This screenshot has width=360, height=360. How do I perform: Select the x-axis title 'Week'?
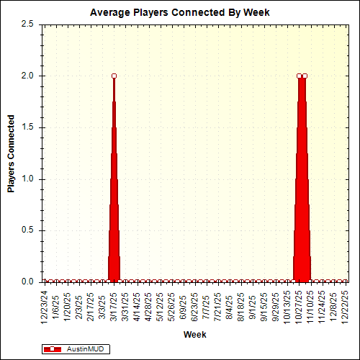pos(194,335)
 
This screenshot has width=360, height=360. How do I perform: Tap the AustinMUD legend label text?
pos(84,348)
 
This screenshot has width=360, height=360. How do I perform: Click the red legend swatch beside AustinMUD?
pos(53,348)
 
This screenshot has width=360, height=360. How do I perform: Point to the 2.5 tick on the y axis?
pos(27,24)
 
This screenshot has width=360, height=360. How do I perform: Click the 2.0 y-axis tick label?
pos(27,76)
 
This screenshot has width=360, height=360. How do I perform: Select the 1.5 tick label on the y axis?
pos(27,127)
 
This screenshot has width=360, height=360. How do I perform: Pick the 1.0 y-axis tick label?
pos(27,179)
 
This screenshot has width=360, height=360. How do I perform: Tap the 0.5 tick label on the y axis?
pos(27,230)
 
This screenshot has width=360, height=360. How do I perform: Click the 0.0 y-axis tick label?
pos(27,282)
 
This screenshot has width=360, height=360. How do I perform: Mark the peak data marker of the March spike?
pos(114,76)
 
